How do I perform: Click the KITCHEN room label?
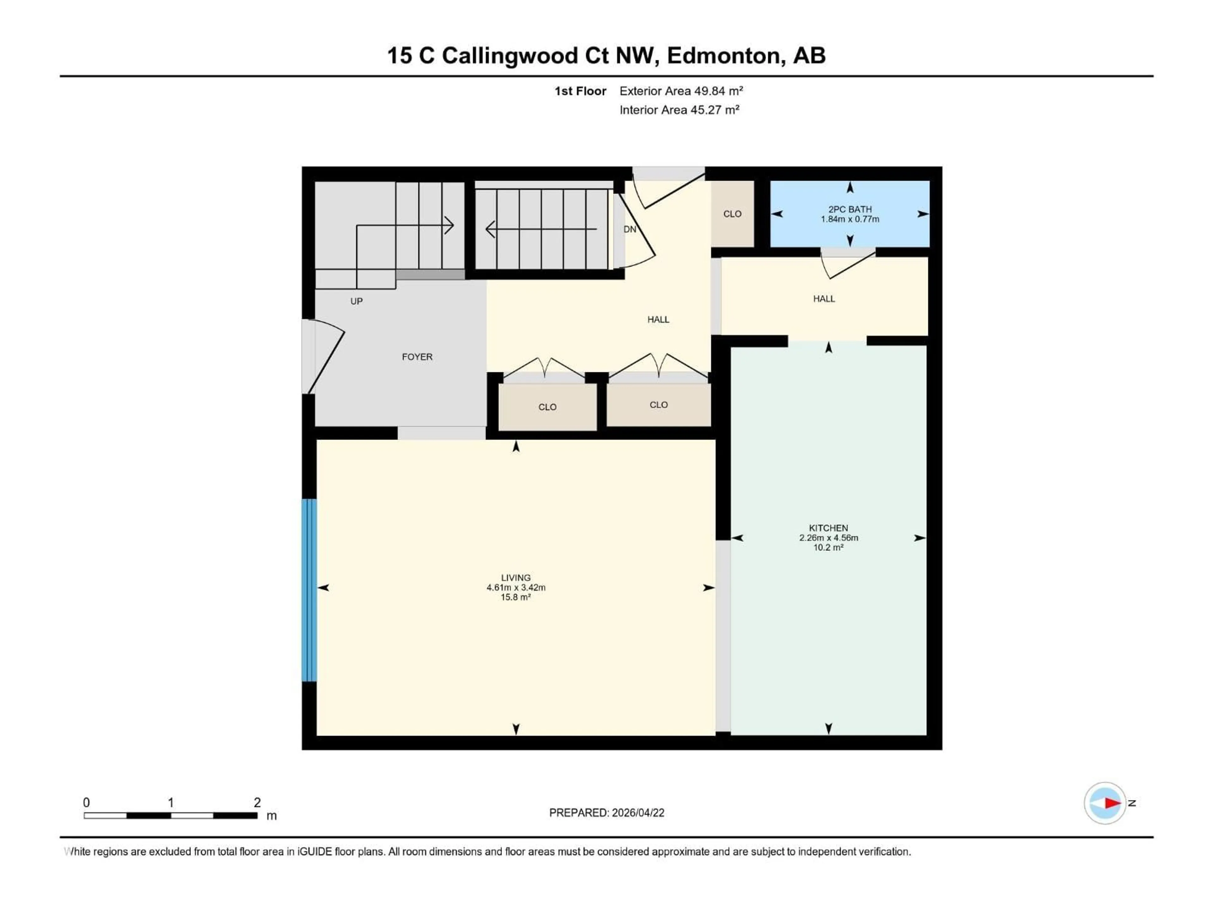(828, 528)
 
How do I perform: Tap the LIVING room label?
(515, 578)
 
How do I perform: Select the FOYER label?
(417, 357)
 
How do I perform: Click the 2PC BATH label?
(849, 209)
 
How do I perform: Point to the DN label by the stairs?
(629, 229)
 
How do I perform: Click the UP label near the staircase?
(356, 301)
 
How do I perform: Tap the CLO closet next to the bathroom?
(732, 214)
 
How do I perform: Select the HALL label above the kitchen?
(824, 299)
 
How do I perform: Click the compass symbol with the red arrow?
(1105, 803)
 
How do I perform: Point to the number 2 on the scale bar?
(257, 802)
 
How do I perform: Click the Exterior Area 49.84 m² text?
(681, 91)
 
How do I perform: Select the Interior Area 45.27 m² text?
(679, 110)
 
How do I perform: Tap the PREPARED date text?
(606, 813)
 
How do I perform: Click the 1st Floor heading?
(580, 91)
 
